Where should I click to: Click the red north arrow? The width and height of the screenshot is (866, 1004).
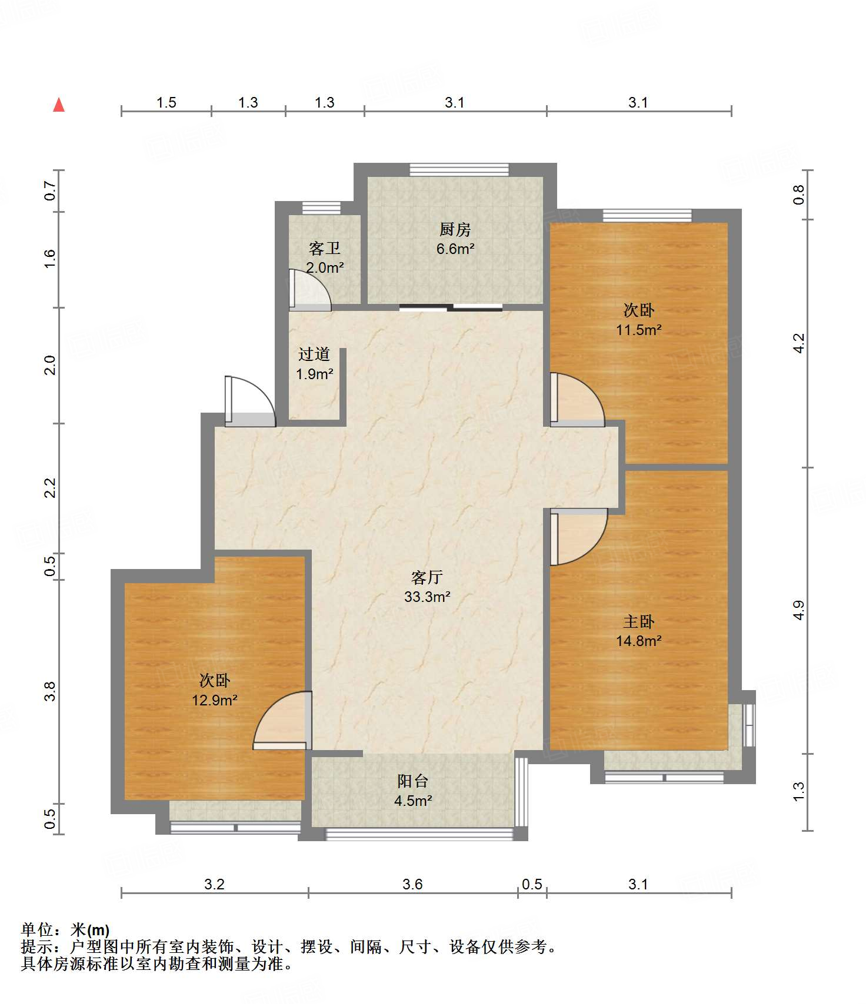(59, 105)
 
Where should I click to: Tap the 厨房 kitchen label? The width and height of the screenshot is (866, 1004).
(455, 229)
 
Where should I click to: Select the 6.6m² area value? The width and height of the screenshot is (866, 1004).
(455, 249)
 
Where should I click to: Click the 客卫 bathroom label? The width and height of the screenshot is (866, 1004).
(325, 249)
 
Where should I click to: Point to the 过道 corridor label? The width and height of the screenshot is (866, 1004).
(314, 354)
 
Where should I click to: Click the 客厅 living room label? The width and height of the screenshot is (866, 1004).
(427, 577)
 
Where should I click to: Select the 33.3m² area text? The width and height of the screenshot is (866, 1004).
(427, 597)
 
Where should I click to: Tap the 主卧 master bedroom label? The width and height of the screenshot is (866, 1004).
(639, 621)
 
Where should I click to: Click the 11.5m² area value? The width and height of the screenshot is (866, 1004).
(639, 330)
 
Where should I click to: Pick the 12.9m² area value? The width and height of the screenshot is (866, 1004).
(215, 700)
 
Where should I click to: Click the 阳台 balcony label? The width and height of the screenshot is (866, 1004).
(413, 781)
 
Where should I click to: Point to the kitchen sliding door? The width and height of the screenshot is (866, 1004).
(451, 307)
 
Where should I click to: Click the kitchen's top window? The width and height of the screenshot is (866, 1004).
(459, 169)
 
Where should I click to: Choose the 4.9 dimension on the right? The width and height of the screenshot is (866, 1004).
(798, 610)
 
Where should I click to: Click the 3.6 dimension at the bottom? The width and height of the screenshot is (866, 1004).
(412, 884)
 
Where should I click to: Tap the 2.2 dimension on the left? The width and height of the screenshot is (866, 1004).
(50, 488)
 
